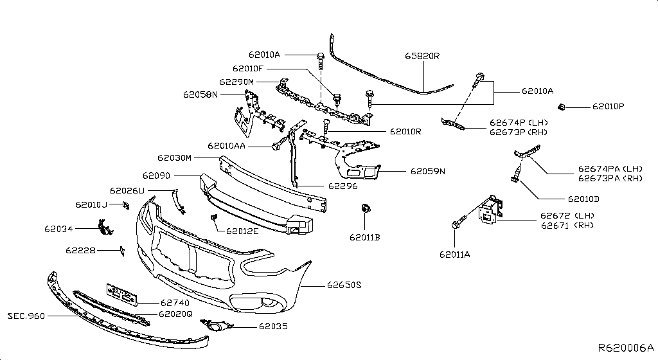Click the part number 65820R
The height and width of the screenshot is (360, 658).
point(422,56)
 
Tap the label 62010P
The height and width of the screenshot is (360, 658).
point(608,106)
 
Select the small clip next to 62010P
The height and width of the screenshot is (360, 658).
point(561,105)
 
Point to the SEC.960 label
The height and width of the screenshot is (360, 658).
point(28,316)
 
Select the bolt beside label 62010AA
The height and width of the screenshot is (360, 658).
point(279,146)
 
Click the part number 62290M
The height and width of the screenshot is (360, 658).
point(236,82)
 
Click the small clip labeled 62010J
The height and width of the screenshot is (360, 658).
point(126,204)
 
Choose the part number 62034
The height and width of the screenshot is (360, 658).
point(58,228)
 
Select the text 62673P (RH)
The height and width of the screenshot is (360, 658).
point(518,132)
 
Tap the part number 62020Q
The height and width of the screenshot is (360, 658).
point(175,314)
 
